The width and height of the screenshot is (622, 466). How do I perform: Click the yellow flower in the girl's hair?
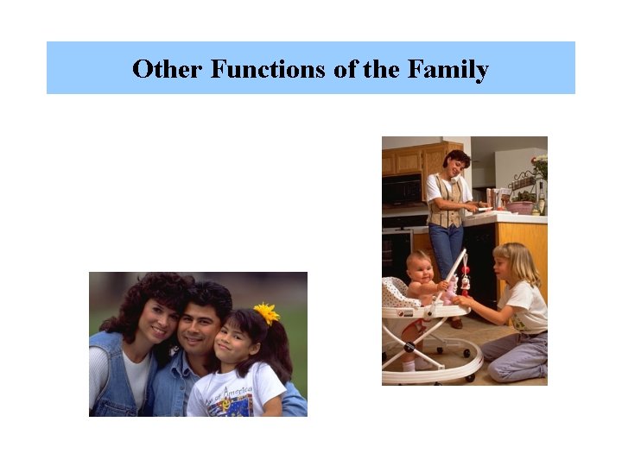coord(266,313)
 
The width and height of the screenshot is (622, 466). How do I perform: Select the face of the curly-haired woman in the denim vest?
coord(155,320)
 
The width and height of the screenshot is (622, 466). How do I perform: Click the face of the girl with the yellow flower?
coord(234,337)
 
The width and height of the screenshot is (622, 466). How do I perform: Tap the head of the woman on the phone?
coord(455,163)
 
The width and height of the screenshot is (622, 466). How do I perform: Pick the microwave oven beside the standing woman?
coord(402,189)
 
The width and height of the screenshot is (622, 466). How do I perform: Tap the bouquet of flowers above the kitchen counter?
coord(539,165)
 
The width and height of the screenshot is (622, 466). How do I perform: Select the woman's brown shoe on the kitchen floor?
coord(455,324)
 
